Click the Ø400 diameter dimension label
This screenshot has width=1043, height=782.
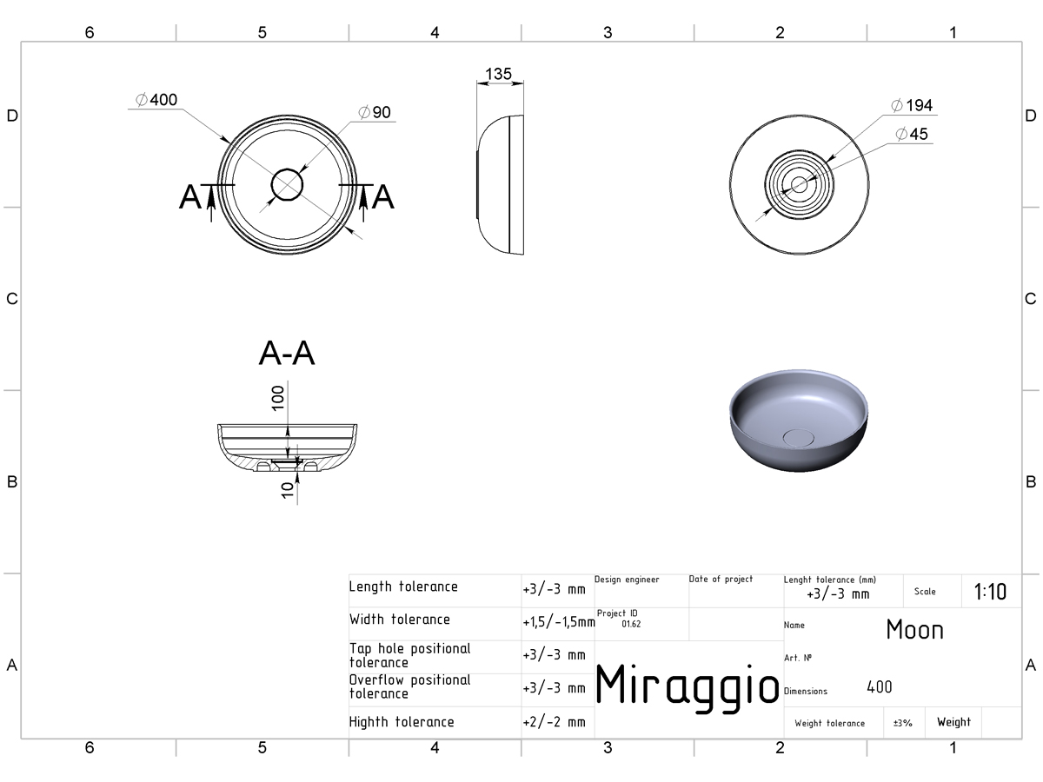point(156,100)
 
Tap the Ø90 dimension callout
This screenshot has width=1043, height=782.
point(375,113)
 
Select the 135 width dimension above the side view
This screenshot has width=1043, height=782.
point(498,74)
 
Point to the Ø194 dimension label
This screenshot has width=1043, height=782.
point(912,105)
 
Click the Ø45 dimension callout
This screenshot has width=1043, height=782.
point(912,134)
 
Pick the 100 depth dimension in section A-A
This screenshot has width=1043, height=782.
point(277,398)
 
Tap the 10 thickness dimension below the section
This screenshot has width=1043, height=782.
point(288,490)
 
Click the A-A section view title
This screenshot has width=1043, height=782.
point(287,354)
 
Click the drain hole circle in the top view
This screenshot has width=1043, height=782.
point(287,185)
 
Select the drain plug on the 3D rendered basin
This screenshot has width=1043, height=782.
point(798,437)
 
